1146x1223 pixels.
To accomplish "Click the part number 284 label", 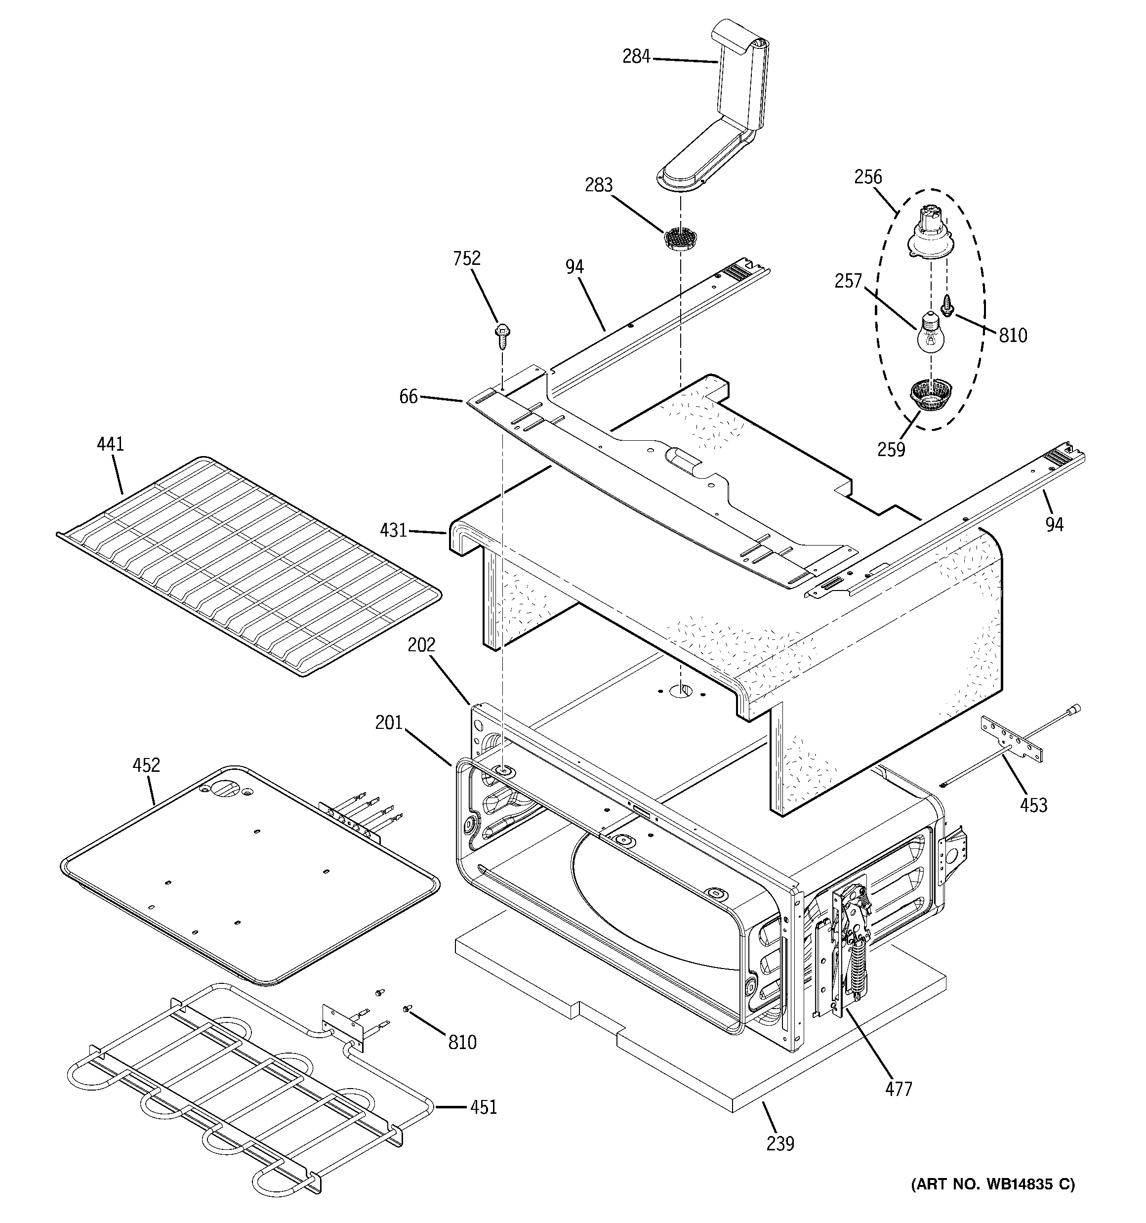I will (x=636, y=57).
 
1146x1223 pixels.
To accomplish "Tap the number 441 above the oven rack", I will (x=111, y=444).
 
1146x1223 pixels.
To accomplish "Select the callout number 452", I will (x=146, y=765).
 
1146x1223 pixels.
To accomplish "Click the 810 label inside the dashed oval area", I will (x=1013, y=336).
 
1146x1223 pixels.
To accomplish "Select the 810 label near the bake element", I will (x=462, y=1042).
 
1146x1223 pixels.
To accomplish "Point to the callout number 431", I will (x=393, y=530).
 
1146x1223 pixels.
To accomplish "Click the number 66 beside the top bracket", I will (x=409, y=397).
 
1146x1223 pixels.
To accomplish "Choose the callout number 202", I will (x=421, y=645).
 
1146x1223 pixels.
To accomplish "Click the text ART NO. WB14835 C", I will (x=993, y=1184).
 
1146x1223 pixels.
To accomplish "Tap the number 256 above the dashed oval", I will (x=868, y=177).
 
